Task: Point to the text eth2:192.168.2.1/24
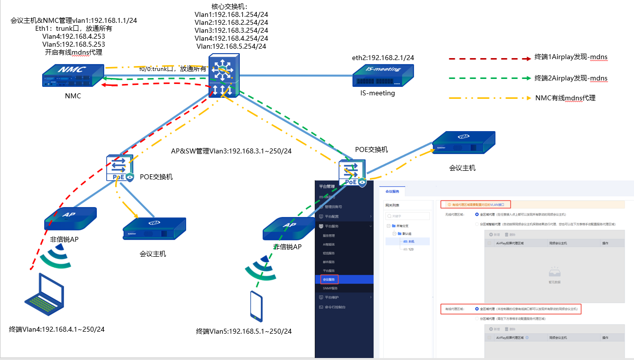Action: [x=383, y=58]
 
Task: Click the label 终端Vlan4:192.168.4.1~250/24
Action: [x=57, y=329]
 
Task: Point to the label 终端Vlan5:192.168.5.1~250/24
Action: [x=244, y=331]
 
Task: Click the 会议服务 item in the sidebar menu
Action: [x=329, y=280]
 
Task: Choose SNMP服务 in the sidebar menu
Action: [x=330, y=288]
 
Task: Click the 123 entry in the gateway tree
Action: [x=411, y=249]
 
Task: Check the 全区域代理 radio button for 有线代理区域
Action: [x=478, y=309]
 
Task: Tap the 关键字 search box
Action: [x=408, y=216]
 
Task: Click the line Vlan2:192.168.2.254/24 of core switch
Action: [x=231, y=22]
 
